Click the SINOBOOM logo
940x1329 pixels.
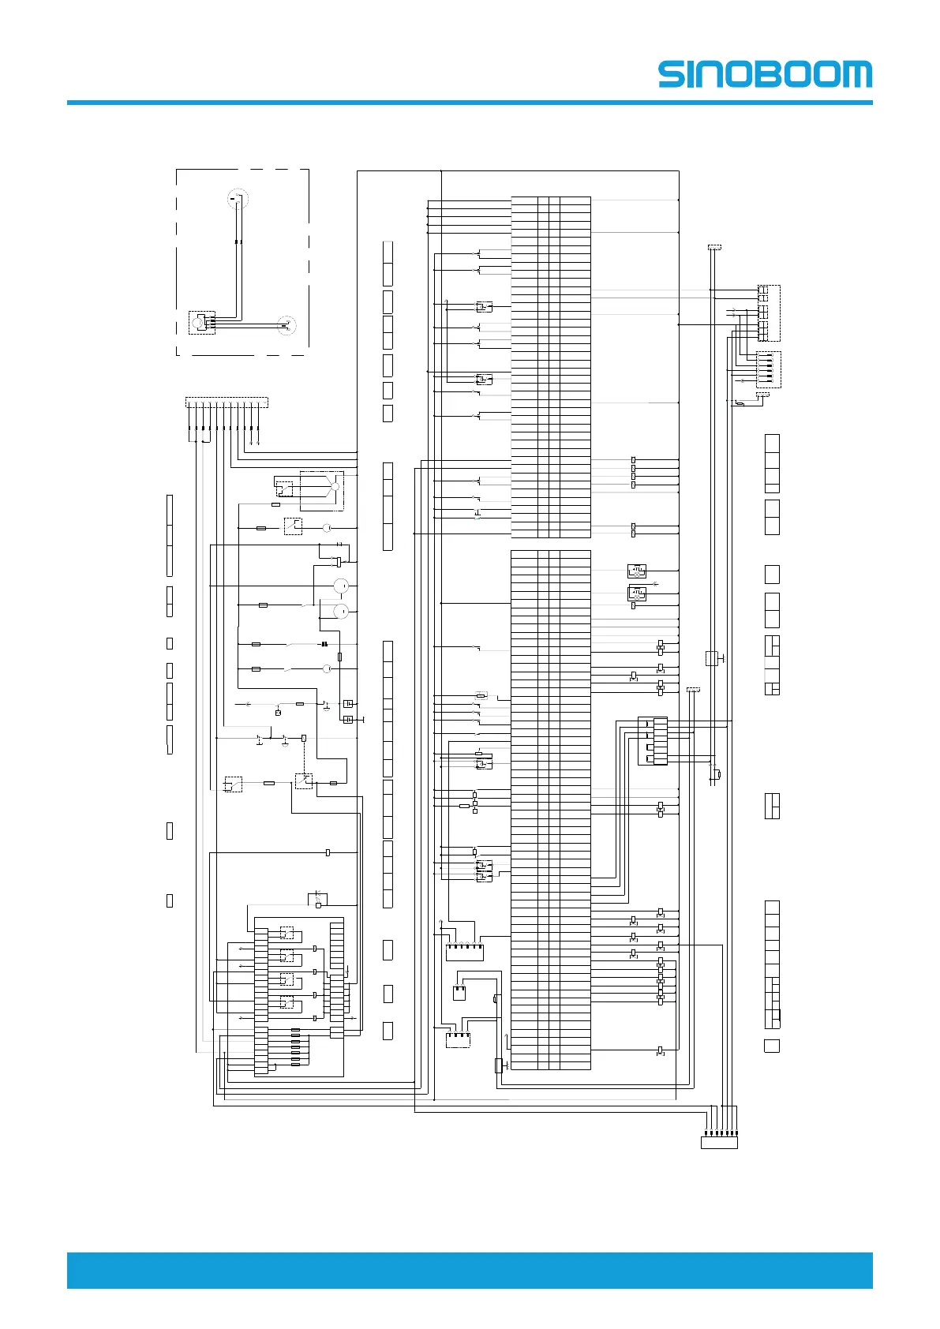[765, 74]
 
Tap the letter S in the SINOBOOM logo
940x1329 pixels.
[672, 74]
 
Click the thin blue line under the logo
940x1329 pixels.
[470, 103]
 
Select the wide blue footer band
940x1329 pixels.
[470, 1270]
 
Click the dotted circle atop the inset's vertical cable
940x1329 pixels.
[238, 198]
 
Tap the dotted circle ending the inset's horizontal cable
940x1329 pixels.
[287, 325]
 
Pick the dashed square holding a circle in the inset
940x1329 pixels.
[201, 323]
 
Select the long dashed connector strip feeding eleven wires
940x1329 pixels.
[227, 402]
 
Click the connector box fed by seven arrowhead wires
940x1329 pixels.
[719, 1141]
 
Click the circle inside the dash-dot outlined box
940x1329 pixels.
[335, 487]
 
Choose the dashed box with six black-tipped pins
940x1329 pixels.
[768, 369]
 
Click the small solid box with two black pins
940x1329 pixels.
[459, 992]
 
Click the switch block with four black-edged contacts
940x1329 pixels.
[652, 741]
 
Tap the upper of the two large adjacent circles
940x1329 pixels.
[341, 586]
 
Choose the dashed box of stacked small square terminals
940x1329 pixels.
[768, 313]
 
